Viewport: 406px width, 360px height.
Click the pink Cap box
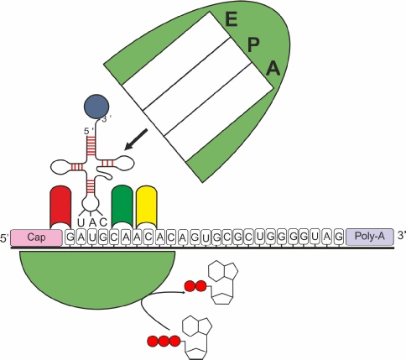36,237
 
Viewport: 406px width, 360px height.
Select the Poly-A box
369,237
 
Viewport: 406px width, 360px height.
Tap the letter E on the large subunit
232,19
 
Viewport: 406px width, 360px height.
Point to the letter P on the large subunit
253,44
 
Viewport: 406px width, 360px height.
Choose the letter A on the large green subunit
273,69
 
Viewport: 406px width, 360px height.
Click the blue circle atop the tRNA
96,107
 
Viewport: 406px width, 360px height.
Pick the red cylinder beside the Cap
60,207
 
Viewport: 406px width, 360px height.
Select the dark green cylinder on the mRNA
122,206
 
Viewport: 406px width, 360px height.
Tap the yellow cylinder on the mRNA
147,206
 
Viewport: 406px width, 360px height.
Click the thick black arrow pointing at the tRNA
136,139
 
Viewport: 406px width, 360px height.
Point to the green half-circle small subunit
96,276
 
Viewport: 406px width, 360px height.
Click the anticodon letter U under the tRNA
81,222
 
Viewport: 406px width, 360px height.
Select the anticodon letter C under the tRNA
103,222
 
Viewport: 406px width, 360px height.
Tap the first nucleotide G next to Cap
70,237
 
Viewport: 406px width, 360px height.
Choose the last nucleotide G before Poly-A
339,237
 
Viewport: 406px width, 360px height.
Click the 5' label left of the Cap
5,238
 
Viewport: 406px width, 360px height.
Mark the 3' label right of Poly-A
401,236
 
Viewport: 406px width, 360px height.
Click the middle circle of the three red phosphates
164,341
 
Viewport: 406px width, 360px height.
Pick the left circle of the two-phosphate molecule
190,286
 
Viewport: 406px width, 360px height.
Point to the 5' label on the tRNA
89,131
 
